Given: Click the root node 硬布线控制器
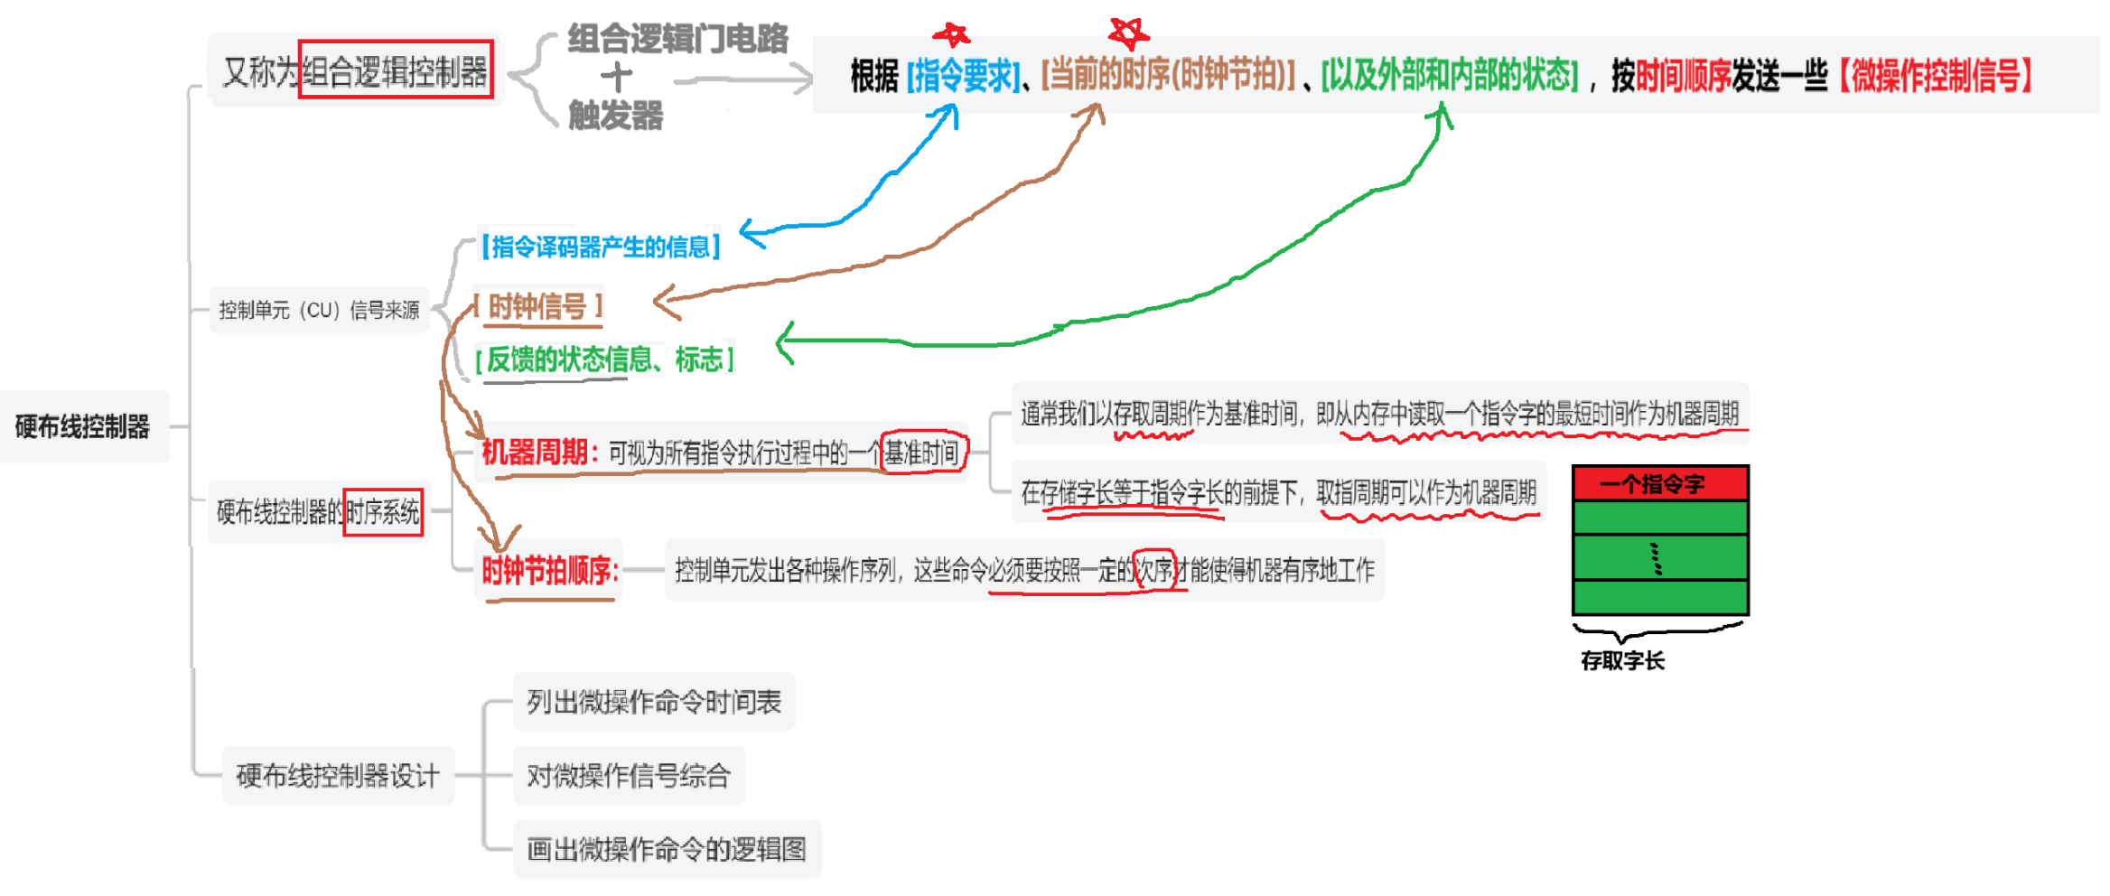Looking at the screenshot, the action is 82,426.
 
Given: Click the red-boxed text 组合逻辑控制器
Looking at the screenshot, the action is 395,70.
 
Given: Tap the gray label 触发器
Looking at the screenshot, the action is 615,116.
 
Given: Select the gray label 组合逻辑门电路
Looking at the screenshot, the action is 677,38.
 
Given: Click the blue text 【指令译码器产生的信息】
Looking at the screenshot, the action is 600,246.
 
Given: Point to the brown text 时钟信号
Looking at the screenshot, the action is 537,307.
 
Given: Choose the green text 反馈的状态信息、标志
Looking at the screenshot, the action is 604,359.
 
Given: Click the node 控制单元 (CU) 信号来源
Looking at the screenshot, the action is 319,311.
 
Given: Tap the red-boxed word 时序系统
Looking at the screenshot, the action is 383,512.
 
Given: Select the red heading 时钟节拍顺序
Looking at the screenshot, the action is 549,570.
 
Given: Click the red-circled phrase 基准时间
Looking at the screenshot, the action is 922,452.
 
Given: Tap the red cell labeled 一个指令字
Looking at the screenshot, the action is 1660,484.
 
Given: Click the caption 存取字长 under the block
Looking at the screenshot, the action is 1622,660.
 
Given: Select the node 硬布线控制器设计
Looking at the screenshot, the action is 338,775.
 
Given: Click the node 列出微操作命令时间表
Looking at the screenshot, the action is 654,702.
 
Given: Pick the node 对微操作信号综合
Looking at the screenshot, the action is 629,775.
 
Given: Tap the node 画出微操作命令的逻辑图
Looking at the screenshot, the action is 667,849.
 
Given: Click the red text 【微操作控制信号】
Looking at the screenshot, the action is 1936,75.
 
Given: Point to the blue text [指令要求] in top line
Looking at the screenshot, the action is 963,76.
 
